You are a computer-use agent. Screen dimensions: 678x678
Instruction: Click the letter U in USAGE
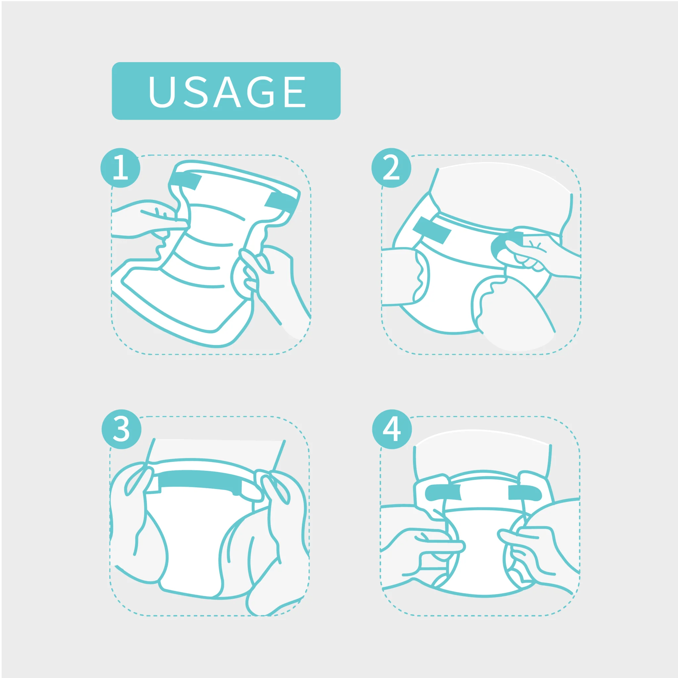162,92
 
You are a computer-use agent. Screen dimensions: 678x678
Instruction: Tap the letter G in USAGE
261,92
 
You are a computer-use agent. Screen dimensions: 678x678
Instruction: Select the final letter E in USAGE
295,92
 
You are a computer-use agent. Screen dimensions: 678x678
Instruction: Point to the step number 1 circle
121,168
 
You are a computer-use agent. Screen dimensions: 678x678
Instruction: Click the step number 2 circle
391,168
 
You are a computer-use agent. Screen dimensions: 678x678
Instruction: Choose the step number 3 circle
121,429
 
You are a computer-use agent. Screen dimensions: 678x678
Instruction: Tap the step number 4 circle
392,429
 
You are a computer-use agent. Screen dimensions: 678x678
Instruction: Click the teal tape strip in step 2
432,230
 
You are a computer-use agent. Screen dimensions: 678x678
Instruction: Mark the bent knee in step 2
512,309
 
